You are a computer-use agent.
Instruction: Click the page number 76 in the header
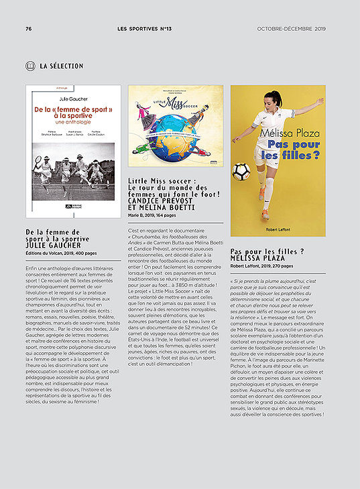click(x=28, y=29)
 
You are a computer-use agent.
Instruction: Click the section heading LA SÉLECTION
click(x=62, y=66)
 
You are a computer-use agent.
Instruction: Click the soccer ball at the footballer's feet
click(x=241, y=172)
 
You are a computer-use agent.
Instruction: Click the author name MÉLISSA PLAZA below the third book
click(x=258, y=258)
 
